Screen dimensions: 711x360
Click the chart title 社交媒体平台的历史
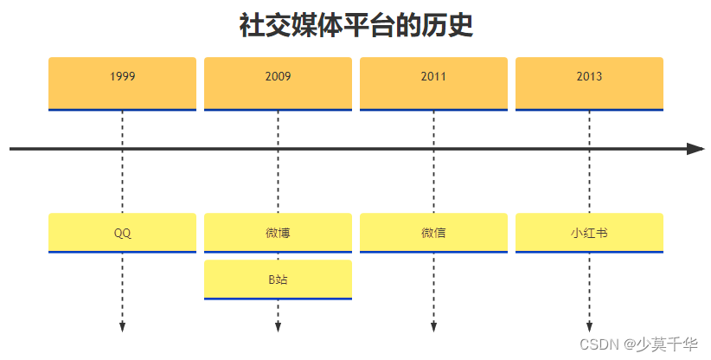355,26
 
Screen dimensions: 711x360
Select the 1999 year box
122,84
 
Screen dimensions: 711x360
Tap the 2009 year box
278,84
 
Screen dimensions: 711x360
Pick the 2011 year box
433,84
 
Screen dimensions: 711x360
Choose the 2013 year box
589,84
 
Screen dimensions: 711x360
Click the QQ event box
122,233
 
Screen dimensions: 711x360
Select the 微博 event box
278,233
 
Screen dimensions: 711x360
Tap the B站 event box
278,280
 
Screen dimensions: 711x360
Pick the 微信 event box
433,233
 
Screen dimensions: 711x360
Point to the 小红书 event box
589,233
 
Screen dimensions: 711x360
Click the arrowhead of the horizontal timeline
696,149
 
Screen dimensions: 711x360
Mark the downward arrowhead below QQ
122,327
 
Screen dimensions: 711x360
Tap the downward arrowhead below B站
278,327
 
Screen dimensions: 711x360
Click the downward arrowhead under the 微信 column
433,327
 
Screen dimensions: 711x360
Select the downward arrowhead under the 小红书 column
589,327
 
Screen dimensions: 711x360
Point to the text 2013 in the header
589,76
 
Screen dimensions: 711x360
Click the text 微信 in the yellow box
433,233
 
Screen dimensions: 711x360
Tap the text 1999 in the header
122,76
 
